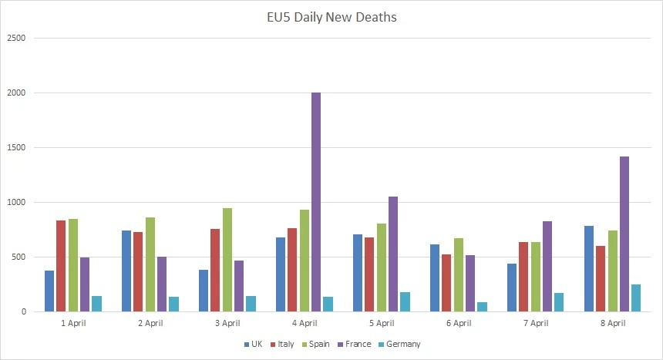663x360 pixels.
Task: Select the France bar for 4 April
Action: point(316,202)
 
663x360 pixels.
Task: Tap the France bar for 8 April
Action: point(624,234)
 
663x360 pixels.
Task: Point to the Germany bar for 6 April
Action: point(482,307)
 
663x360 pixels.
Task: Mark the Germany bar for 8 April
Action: point(636,298)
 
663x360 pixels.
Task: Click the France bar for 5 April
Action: point(393,254)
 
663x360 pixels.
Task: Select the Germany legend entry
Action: point(403,344)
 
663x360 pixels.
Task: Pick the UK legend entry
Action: point(253,344)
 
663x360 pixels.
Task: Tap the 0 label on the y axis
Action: point(24,311)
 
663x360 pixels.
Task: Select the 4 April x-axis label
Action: point(304,323)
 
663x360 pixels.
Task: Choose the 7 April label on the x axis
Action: point(535,323)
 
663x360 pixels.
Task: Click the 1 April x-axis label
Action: point(72,323)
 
